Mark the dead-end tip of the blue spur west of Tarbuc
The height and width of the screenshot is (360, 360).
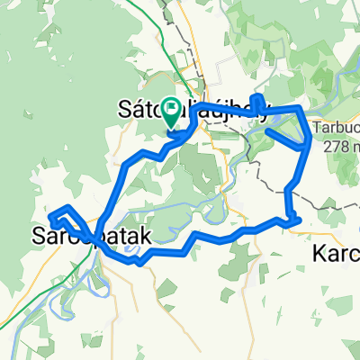tap(267, 130)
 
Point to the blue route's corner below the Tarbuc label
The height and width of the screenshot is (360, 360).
tap(310, 139)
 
